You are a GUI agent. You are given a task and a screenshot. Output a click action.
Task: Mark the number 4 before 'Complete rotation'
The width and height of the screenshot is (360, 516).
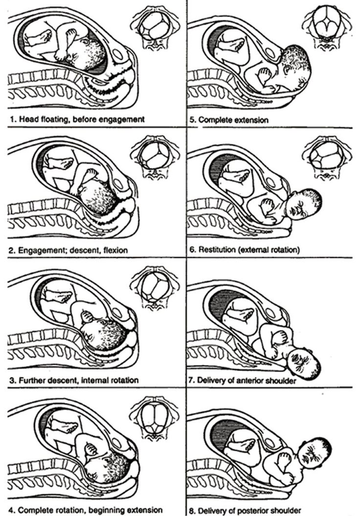11,510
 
